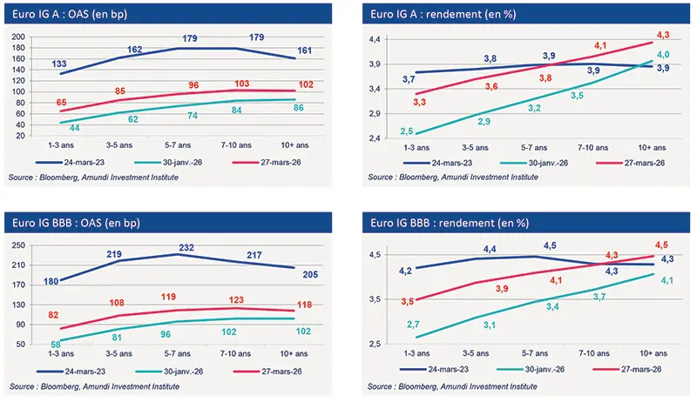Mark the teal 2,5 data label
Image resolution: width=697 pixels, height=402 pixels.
pos(406,131)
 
